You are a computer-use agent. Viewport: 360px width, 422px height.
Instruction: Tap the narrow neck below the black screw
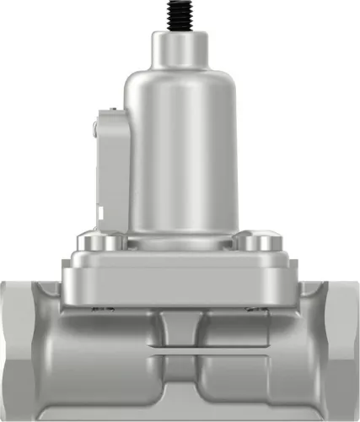[x=180, y=47]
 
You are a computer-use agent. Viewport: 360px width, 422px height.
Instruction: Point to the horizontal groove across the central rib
[x=180, y=348]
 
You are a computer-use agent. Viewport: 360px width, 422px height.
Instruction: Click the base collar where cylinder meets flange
[x=180, y=236]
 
